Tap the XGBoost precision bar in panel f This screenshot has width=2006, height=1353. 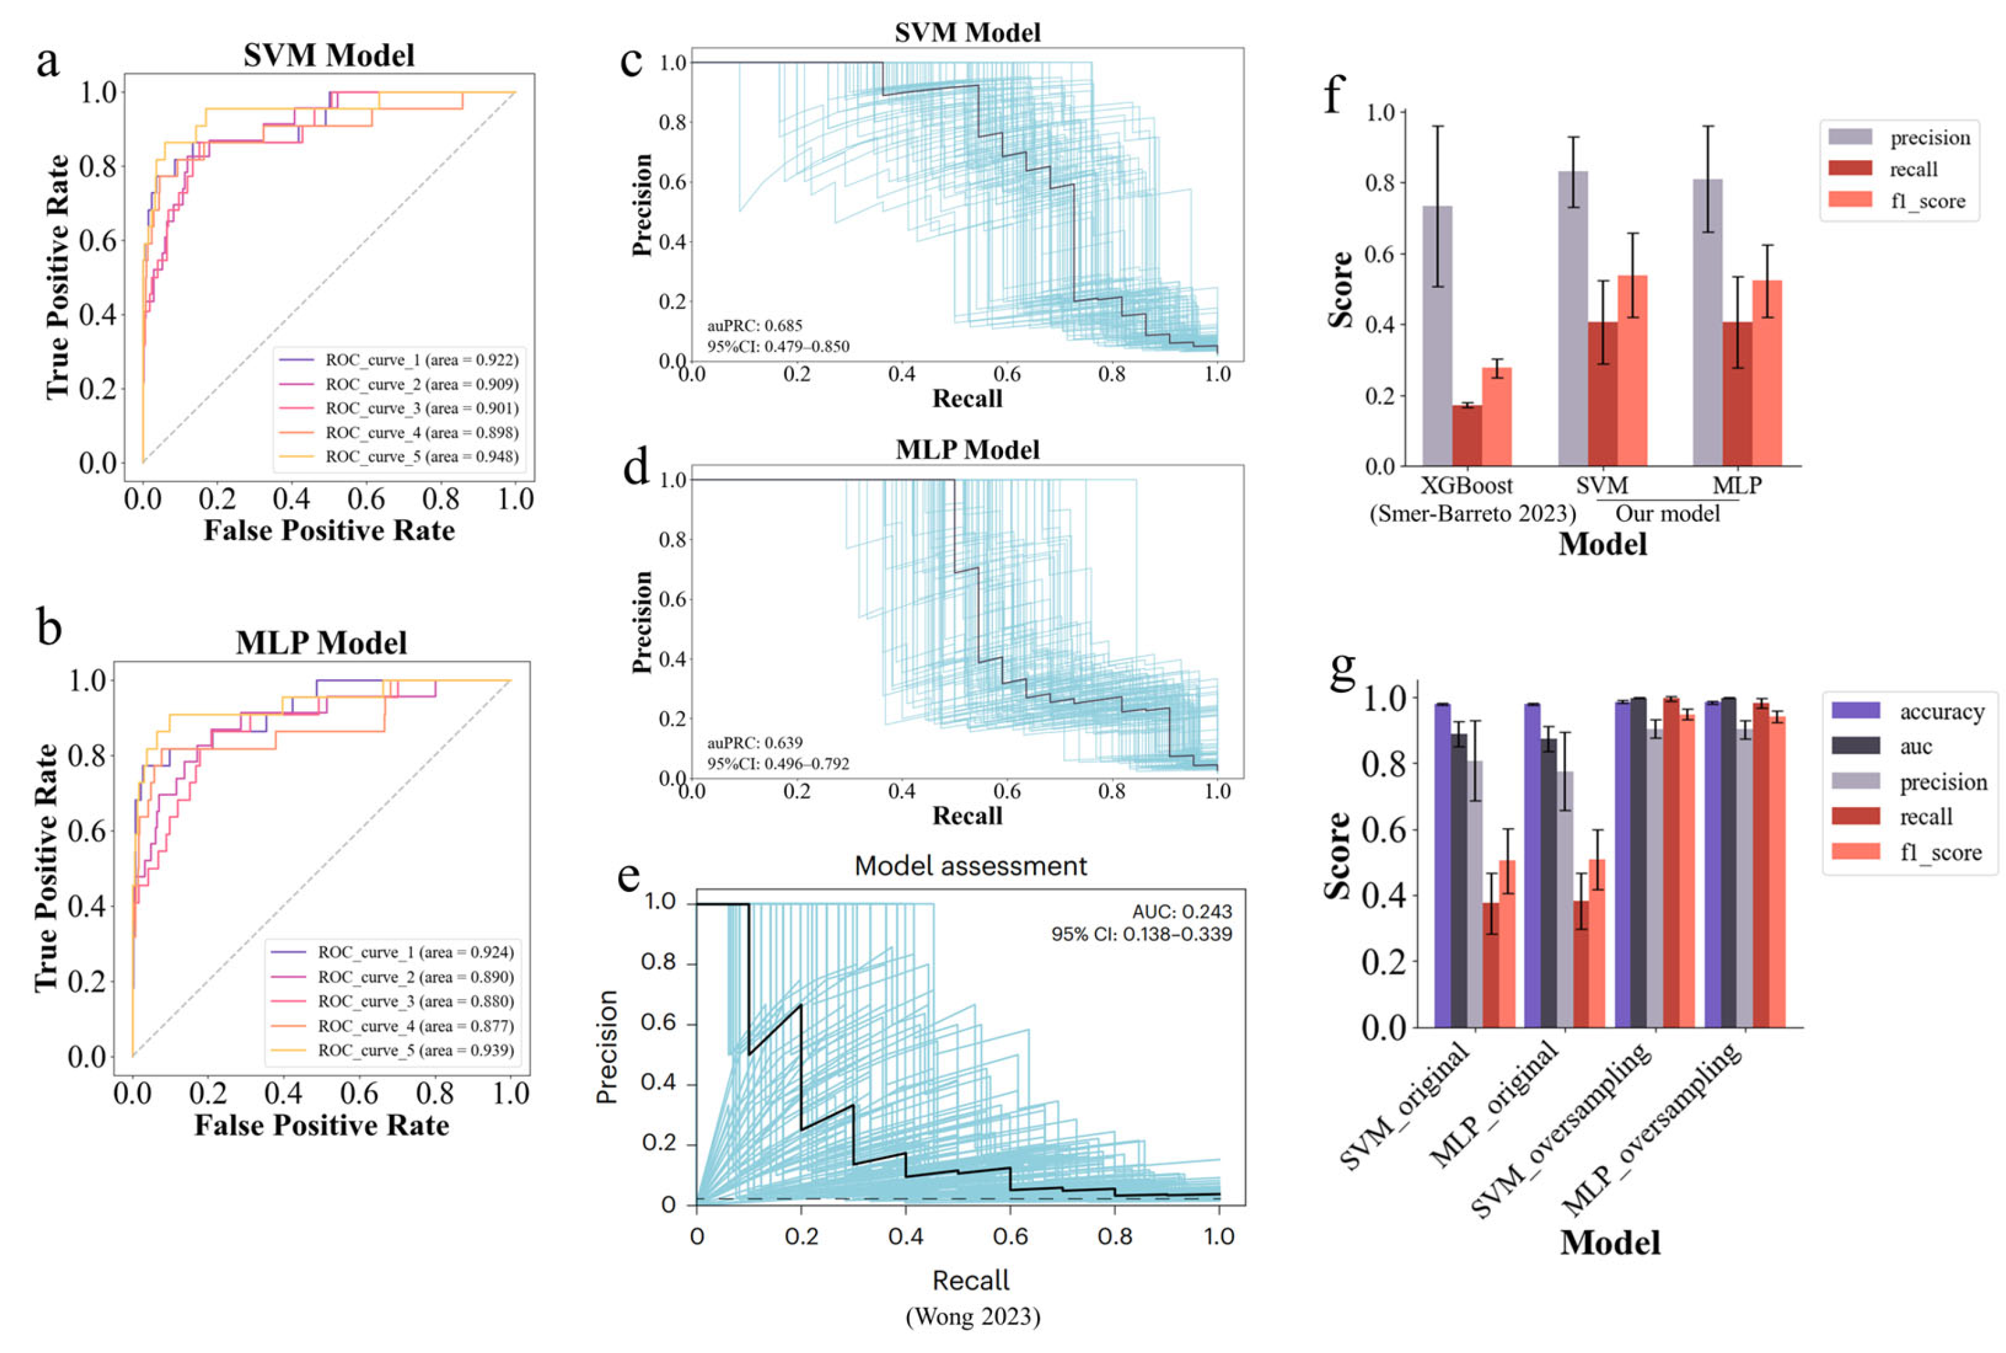point(1437,336)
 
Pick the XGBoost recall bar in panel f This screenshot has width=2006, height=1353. point(1467,435)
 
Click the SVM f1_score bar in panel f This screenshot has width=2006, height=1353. point(1632,371)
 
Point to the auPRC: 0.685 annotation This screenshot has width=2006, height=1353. point(754,325)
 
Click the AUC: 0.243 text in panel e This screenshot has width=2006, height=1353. point(1182,911)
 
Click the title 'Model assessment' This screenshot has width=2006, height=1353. point(970,865)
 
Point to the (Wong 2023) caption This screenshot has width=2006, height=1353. point(972,1316)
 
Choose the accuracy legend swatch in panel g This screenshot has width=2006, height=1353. point(1855,710)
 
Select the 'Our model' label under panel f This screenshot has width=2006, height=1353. point(1667,513)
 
